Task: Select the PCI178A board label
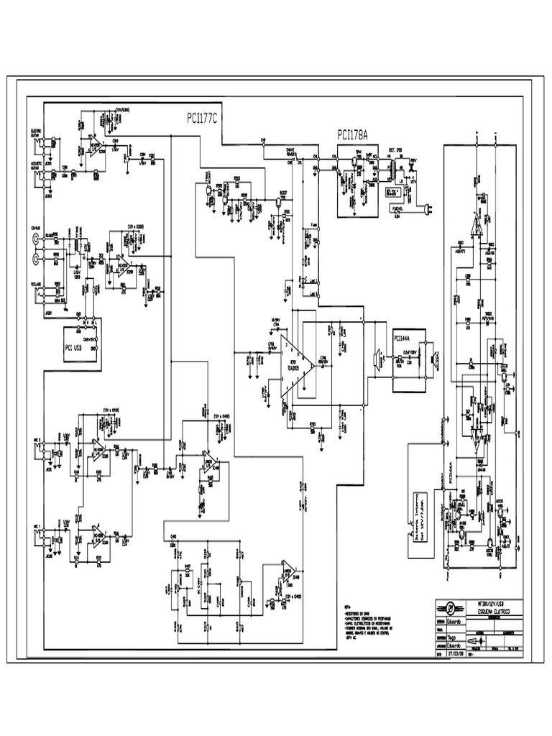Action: coord(352,134)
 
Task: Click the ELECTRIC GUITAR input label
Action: coord(34,132)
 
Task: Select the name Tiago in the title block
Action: coord(454,635)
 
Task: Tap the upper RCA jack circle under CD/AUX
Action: coord(34,242)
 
